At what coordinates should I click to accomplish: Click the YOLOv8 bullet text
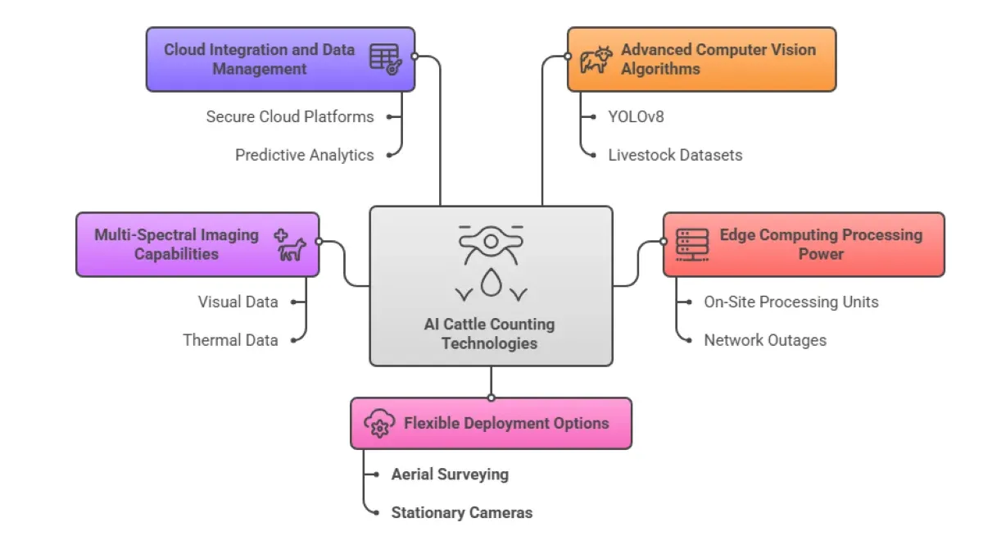click(636, 116)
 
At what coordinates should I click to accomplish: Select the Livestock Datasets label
click(675, 155)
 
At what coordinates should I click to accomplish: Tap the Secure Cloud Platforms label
click(290, 116)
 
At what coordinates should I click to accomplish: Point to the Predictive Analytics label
click(304, 155)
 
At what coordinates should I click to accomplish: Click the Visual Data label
click(238, 302)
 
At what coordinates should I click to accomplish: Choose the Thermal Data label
click(230, 340)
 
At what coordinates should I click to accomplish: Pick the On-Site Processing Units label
click(791, 302)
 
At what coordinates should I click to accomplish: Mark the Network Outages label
click(765, 340)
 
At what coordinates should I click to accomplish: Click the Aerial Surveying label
click(450, 475)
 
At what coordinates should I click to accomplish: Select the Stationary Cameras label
click(462, 513)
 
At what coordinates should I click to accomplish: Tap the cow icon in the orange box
click(596, 60)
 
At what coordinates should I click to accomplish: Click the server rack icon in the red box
click(692, 245)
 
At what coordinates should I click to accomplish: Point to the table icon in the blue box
click(384, 59)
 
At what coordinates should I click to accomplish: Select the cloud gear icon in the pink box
click(378, 424)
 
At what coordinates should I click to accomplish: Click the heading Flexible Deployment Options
click(506, 424)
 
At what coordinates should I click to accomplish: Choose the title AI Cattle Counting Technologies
click(490, 334)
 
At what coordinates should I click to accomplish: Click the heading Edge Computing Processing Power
click(821, 244)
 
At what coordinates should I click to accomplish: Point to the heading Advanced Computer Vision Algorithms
click(718, 59)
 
